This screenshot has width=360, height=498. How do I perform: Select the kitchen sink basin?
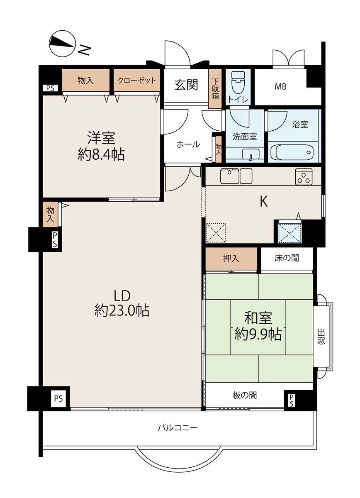pyautogui.click(x=230, y=176)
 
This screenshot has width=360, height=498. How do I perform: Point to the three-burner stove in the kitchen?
pyautogui.click(x=304, y=177)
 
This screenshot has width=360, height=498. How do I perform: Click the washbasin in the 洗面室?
pyautogui.click(x=251, y=154)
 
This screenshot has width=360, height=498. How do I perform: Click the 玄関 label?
pyautogui.click(x=186, y=85)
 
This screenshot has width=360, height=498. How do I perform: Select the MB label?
pyautogui.click(x=280, y=86)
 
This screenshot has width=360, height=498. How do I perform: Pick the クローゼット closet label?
pyautogui.click(x=137, y=80)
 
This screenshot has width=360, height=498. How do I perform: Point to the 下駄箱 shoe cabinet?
pyautogui.click(x=215, y=89)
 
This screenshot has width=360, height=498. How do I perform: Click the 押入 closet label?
pyautogui.click(x=231, y=259)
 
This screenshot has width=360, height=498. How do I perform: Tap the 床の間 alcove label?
pyautogui.click(x=287, y=258)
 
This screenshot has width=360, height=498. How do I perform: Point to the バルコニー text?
pyautogui.click(x=178, y=427)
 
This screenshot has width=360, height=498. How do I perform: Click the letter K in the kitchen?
pyautogui.click(x=263, y=202)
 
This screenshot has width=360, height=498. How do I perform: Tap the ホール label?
pyautogui.click(x=188, y=144)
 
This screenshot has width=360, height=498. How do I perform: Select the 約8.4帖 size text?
pyautogui.click(x=101, y=154)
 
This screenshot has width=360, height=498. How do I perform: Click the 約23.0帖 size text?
pyautogui.click(x=122, y=310)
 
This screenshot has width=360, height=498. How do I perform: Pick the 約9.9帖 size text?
pyautogui.click(x=258, y=334)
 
